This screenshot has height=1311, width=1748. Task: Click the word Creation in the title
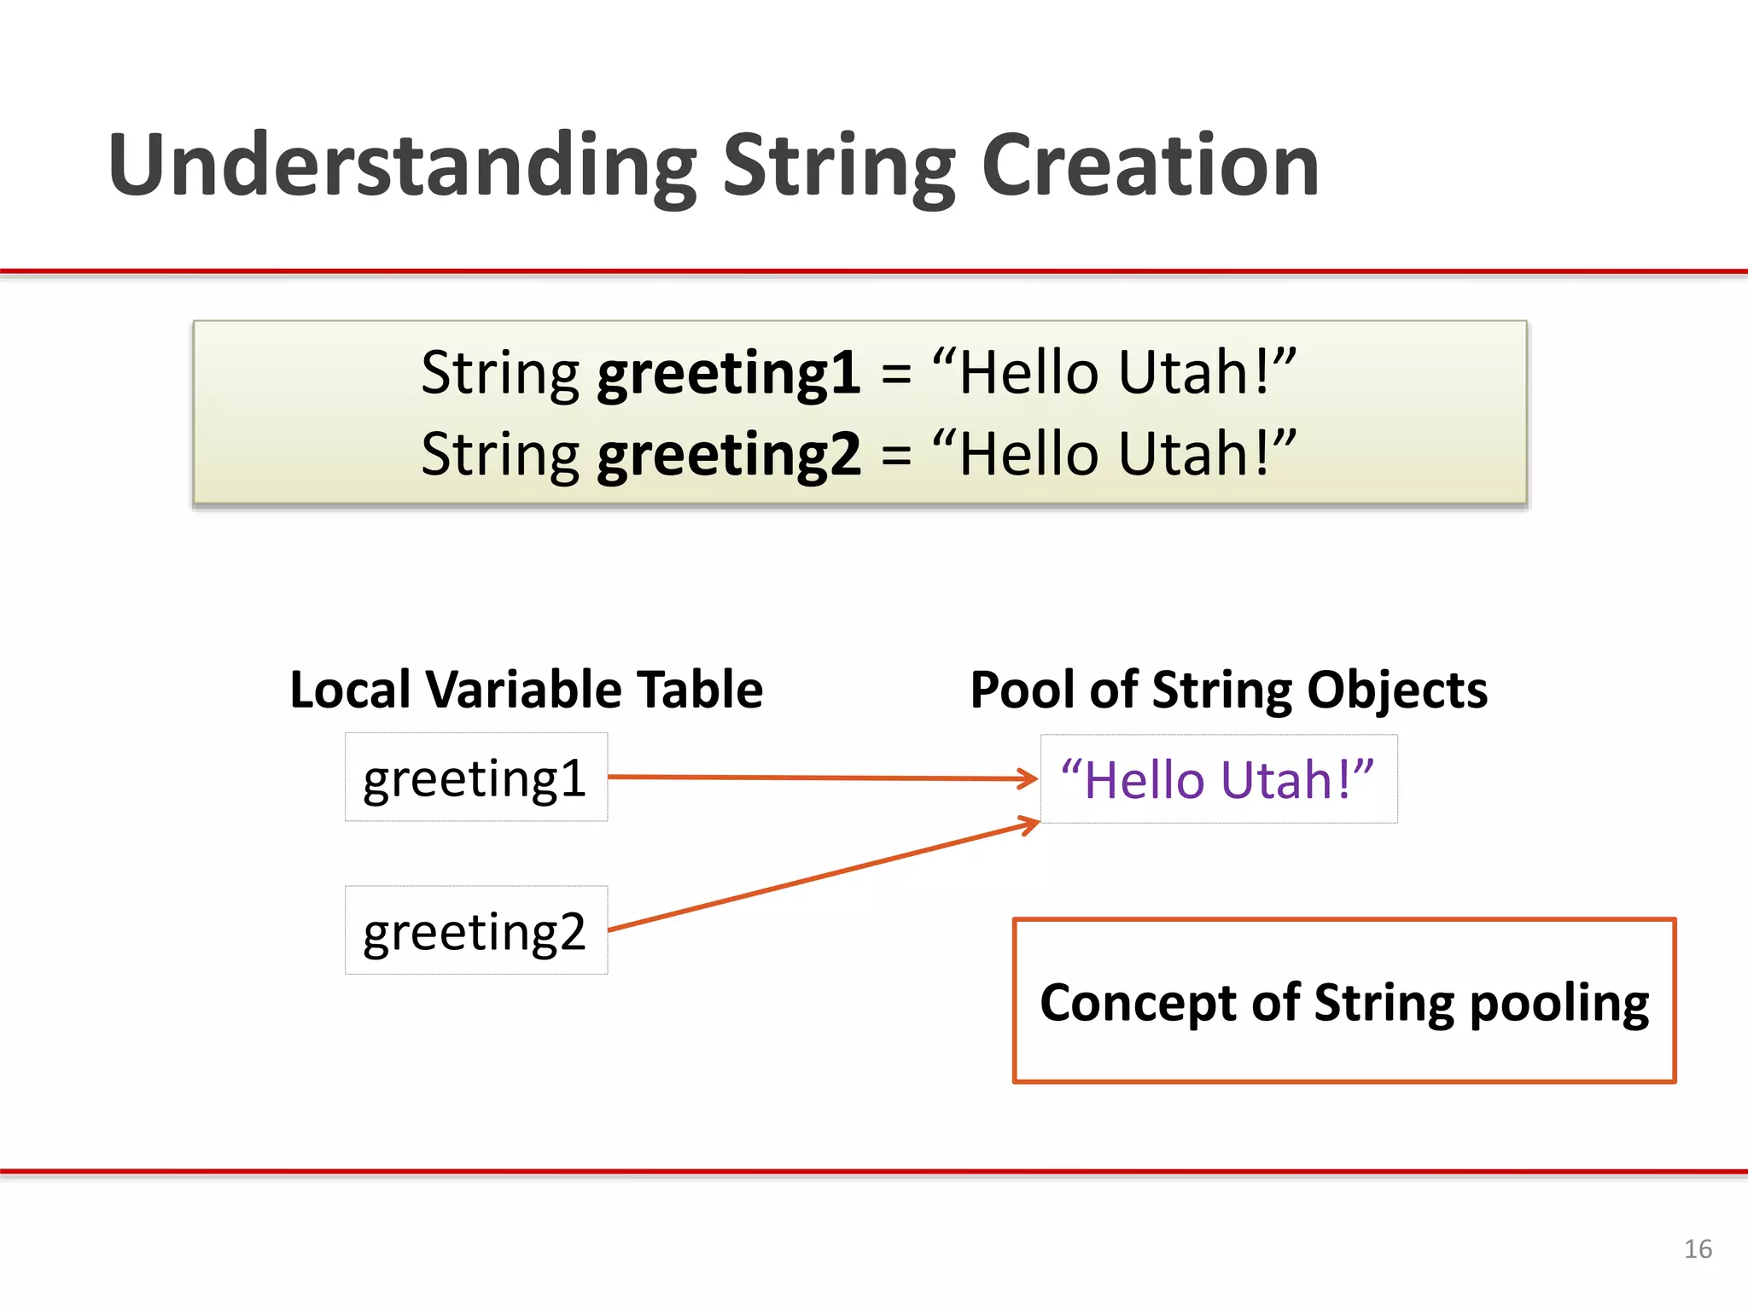pyautogui.click(x=1150, y=166)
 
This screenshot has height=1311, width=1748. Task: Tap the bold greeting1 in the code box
pyautogui.click(x=728, y=373)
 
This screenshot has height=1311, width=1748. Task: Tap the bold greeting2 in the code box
pyautogui.click(x=728, y=454)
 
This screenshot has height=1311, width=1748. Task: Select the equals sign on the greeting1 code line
pyautogui.click(x=896, y=375)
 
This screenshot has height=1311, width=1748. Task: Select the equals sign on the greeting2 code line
pyautogui.click(x=896, y=456)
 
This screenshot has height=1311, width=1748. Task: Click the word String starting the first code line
pyautogui.click(x=500, y=373)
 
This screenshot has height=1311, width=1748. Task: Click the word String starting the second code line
pyautogui.click(x=500, y=454)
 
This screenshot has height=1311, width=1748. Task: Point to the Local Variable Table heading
pyautogui.click(x=526, y=690)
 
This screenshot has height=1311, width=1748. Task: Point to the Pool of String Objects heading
pyautogui.click(x=1228, y=690)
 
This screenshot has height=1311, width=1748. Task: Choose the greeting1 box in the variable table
pyautogui.click(x=475, y=778)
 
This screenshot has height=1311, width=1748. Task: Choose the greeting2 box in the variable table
pyautogui.click(x=475, y=930)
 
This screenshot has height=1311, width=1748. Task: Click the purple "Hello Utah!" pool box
pyautogui.click(x=1218, y=779)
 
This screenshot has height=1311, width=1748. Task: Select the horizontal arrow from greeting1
pyautogui.click(x=819, y=778)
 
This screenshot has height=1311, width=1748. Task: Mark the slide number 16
pyautogui.click(x=1697, y=1249)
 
